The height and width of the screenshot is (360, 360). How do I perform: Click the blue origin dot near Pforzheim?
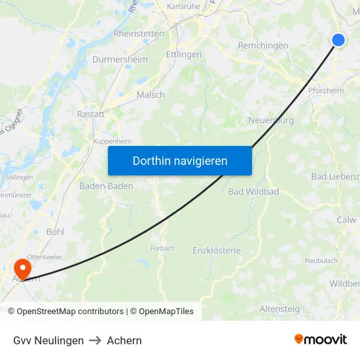(338, 40)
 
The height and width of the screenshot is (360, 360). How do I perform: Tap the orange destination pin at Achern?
(22, 269)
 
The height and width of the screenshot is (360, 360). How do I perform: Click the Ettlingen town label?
(184, 54)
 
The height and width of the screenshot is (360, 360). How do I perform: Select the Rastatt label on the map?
(90, 113)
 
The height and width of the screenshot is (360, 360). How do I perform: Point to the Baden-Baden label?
(106, 186)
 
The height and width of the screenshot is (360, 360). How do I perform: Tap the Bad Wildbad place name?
(253, 192)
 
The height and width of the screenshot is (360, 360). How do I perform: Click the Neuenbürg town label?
(271, 120)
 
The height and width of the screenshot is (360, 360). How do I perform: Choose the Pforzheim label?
(326, 91)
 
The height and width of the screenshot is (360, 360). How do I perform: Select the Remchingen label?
(263, 46)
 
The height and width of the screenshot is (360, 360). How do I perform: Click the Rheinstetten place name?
(139, 33)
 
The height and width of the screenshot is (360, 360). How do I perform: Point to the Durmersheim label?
(120, 60)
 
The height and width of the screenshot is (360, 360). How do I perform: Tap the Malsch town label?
(151, 95)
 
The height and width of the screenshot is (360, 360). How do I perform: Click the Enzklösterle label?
(217, 250)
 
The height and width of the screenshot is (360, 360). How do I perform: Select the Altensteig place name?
(279, 308)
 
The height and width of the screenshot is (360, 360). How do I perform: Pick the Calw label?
(346, 220)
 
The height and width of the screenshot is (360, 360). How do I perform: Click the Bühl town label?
(55, 232)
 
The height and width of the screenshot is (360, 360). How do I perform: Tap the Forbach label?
(162, 249)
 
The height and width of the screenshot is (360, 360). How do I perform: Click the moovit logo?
(320, 340)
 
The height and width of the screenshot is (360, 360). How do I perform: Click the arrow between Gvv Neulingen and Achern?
(95, 340)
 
